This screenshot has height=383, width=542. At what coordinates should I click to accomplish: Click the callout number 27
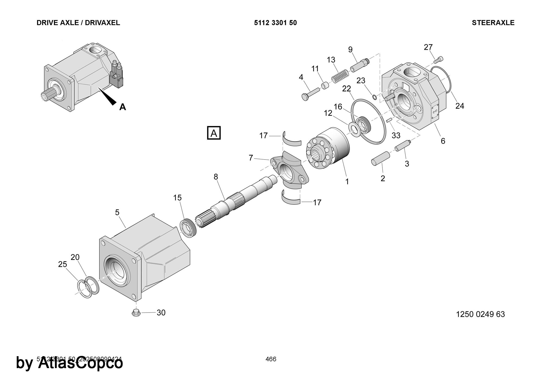pyautogui.click(x=428, y=47)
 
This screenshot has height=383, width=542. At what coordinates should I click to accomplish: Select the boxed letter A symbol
pyautogui.click(x=214, y=133)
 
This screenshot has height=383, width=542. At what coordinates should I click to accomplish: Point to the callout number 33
pyautogui.click(x=396, y=135)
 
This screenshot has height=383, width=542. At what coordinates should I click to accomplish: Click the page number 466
pyautogui.click(x=271, y=359)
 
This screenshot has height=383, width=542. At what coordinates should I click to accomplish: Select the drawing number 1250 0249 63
pyautogui.click(x=480, y=314)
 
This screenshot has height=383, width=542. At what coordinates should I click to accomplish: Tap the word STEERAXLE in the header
pyautogui.click(x=493, y=23)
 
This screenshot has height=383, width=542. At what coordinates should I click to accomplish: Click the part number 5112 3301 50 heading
pyautogui.click(x=275, y=23)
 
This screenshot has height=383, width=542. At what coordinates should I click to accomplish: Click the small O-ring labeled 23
pyautogui.click(x=375, y=97)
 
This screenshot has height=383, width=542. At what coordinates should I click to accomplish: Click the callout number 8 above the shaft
pyautogui.click(x=216, y=177)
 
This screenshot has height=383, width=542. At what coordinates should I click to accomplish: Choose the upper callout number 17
pyautogui.click(x=263, y=135)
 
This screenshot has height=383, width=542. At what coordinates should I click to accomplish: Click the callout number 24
pyautogui.click(x=460, y=106)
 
